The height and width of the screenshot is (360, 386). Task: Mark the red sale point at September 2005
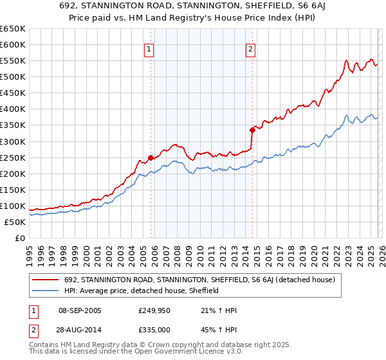tap(151, 157)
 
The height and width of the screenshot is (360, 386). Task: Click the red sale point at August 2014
tap(253, 130)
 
